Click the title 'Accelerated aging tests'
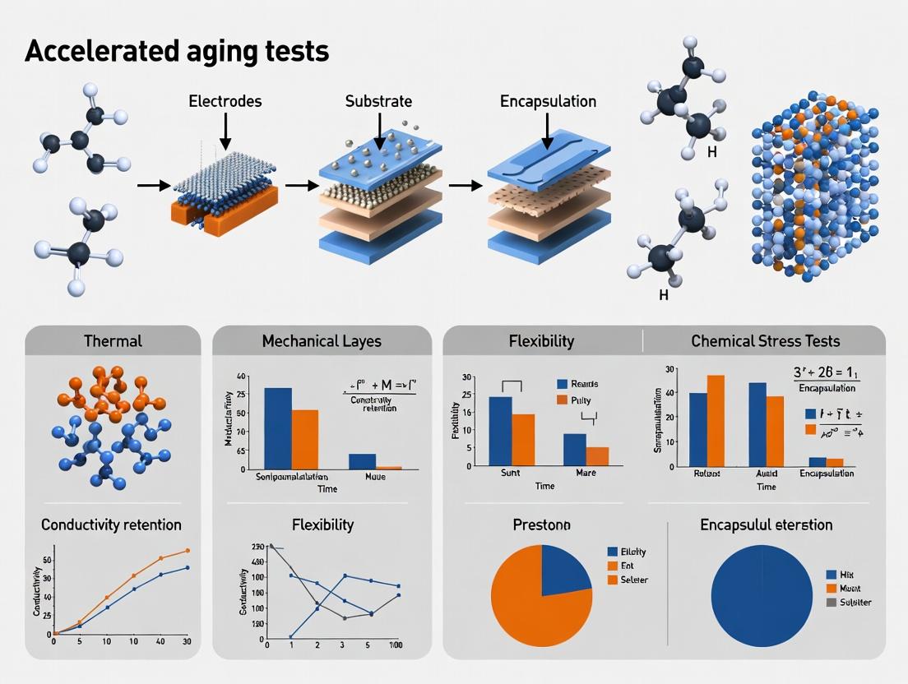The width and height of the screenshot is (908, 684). (x=177, y=51)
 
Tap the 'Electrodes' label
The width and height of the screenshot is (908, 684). (x=225, y=101)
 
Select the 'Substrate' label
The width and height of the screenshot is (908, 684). (x=378, y=101)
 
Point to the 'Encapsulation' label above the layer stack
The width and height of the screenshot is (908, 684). (x=548, y=101)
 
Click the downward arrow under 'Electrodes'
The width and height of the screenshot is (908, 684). (x=225, y=132)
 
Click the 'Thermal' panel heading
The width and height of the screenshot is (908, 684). (x=113, y=340)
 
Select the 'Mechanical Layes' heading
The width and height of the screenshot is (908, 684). (x=322, y=340)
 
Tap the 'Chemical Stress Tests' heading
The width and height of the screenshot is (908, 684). (x=765, y=340)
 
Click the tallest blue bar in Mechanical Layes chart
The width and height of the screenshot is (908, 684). (x=277, y=427)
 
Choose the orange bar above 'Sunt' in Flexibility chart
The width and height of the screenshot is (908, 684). (x=523, y=440)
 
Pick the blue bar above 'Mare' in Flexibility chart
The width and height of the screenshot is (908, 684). (x=574, y=449)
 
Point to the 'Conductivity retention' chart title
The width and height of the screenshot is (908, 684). (x=111, y=525)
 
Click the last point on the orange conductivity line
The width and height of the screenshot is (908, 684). (x=188, y=551)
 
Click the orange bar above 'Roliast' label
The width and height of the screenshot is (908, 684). (x=716, y=420)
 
